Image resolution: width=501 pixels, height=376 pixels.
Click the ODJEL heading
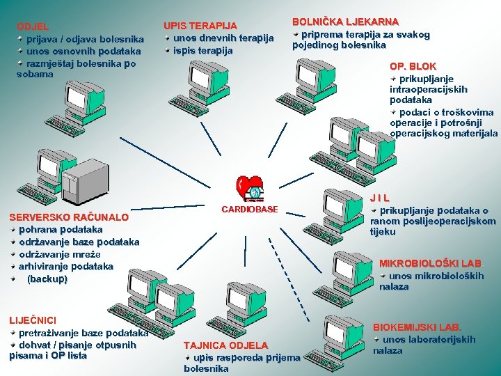click(x=33, y=26)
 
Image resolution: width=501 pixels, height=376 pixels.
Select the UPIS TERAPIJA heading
click(x=200, y=26)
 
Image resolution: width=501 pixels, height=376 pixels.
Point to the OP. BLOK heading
click(x=413, y=66)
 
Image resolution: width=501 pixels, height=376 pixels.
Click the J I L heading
click(x=379, y=198)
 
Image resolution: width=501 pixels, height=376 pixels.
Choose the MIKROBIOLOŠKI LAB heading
click(x=430, y=263)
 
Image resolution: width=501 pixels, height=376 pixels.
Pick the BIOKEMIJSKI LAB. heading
click(x=417, y=327)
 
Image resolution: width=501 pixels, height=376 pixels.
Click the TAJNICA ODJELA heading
click(x=225, y=345)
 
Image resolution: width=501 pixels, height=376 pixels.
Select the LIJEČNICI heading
click(x=32, y=320)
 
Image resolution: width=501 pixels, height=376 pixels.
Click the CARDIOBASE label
click(x=249, y=209)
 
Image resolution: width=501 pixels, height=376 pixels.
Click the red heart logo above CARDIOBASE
click(x=248, y=187)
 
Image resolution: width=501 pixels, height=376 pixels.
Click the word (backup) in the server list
click(x=47, y=279)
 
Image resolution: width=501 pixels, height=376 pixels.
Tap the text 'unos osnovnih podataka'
click(x=83, y=51)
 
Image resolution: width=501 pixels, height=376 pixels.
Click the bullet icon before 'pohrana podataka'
click(x=13, y=228)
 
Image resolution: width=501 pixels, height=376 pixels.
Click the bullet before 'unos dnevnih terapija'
click(x=168, y=38)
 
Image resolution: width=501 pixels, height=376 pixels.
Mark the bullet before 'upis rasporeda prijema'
click(x=188, y=357)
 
